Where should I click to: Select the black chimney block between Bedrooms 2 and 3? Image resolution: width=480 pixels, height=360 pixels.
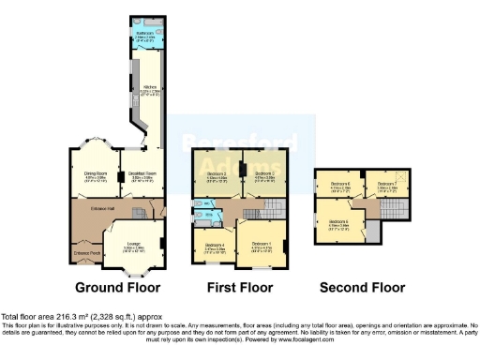coord(243,170)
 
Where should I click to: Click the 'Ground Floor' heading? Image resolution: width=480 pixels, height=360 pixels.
coord(116,287)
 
